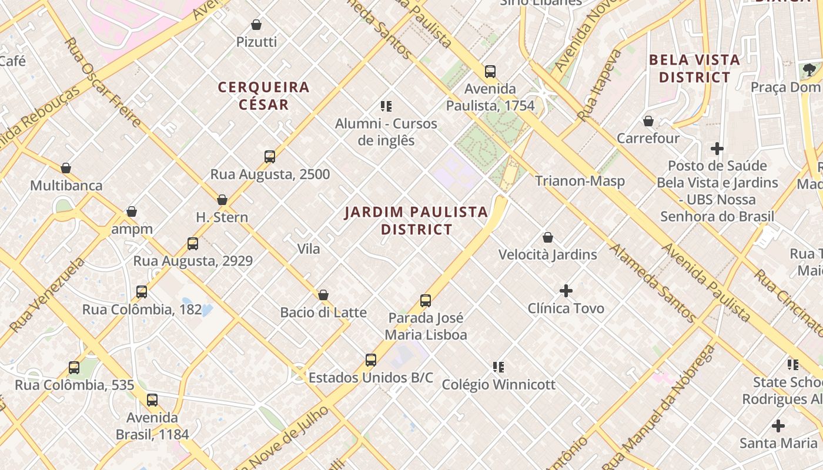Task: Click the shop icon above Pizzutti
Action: [256, 25]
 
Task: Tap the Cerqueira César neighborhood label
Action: [263, 96]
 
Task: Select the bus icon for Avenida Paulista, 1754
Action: [490, 72]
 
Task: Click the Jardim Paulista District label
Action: [416, 220]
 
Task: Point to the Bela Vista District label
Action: [694, 69]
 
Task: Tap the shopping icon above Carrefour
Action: [648, 121]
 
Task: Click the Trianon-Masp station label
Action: [580, 181]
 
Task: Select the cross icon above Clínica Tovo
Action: [566, 291]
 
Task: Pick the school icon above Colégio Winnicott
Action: [499, 367]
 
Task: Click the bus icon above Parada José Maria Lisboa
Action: [426, 301]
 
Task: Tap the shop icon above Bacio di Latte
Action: [323, 295]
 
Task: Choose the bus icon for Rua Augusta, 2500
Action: [270, 157]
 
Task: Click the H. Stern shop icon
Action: [222, 200]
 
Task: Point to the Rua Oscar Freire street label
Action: [103, 82]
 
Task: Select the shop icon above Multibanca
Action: [66, 168]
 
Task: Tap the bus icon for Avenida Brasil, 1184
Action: [152, 400]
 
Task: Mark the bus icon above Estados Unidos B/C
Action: [370, 360]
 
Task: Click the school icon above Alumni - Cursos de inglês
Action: [386, 106]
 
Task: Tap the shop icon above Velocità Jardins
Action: [547, 237]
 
